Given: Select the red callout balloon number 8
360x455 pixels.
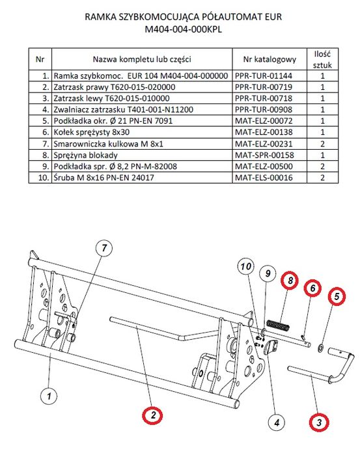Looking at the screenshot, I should point(289,281).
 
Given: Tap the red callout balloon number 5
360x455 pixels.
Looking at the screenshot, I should point(336,297).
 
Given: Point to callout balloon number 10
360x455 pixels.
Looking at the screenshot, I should point(245,267).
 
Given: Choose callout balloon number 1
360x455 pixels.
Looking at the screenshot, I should point(47,394).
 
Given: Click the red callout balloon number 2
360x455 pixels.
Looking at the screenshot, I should point(152,414).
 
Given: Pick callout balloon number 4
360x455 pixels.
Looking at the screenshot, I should point(276,422).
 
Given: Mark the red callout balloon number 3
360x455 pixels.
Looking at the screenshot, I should point(318,422).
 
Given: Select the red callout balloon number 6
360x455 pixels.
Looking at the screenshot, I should point(312,288).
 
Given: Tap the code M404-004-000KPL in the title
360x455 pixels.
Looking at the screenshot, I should point(180,29).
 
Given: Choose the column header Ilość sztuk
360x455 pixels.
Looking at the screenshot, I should point(324,59).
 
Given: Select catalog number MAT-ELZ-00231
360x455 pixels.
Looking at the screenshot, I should point(264,143).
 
